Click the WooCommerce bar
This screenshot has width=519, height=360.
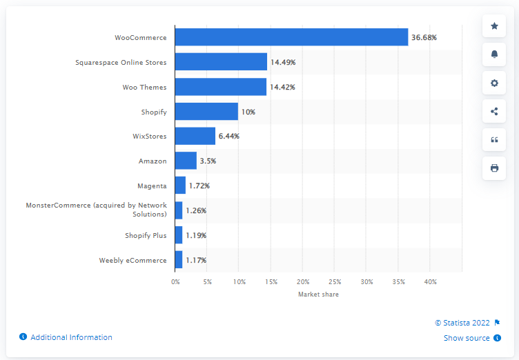point(291,37)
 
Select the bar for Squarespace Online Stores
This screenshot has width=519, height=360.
point(221,62)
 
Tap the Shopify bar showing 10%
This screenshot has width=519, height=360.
point(206,112)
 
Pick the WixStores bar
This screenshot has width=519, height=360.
point(195,137)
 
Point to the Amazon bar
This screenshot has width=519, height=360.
point(186,161)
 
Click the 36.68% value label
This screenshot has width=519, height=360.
point(424,37)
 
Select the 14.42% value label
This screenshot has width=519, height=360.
point(283,87)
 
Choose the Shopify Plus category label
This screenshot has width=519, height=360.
point(146,236)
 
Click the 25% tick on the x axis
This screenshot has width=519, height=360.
point(335,282)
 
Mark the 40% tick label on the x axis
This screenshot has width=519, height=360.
point(430,282)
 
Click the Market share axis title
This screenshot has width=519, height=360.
point(318,294)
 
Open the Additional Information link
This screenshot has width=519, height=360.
point(71,337)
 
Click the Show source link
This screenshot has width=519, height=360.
point(467,338)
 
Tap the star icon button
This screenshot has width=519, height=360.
point(494,26)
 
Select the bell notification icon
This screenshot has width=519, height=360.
point(494,54)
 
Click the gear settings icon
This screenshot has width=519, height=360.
point(494,83)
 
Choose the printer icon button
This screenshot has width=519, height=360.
point(494,168)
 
